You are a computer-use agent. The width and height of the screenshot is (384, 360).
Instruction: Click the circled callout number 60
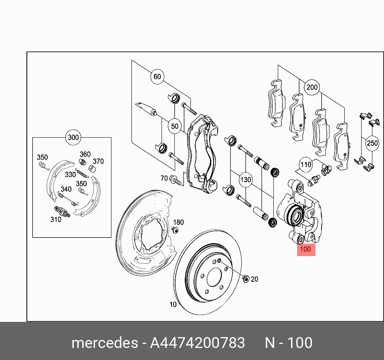pos(157,77)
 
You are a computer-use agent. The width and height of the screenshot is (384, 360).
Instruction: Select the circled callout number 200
pos(312,87)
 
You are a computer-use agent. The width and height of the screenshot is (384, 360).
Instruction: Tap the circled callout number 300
pos(73,138)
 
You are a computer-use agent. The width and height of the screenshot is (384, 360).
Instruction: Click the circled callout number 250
pos(372,143)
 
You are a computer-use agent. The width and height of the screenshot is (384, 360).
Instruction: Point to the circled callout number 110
pos(306,164)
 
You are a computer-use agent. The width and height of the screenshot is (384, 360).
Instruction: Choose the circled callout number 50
pos(174,126)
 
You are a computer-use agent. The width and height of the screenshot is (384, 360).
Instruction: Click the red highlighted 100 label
pos(306,249)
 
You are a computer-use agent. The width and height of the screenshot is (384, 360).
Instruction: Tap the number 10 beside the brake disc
pos(173,305)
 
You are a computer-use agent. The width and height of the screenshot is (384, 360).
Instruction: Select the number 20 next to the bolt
pos(255,279)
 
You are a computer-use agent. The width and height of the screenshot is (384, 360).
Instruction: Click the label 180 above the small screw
pos(178,222)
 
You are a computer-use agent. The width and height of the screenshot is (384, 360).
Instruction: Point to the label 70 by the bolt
pos(164,178)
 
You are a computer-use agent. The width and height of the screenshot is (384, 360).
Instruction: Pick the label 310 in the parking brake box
pos(56,219)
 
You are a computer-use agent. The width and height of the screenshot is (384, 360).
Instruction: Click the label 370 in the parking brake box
pos(98,161)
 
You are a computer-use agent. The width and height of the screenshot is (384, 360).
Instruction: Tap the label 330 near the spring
pos(70,174)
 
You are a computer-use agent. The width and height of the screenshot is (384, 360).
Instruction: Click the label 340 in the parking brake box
pos(66,189)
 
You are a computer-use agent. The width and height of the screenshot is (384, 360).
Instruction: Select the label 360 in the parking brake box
pos(85,154)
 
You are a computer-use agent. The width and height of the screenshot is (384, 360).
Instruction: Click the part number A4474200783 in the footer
pos(197,343)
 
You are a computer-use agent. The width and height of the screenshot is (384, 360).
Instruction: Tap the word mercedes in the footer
pos(104,343)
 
